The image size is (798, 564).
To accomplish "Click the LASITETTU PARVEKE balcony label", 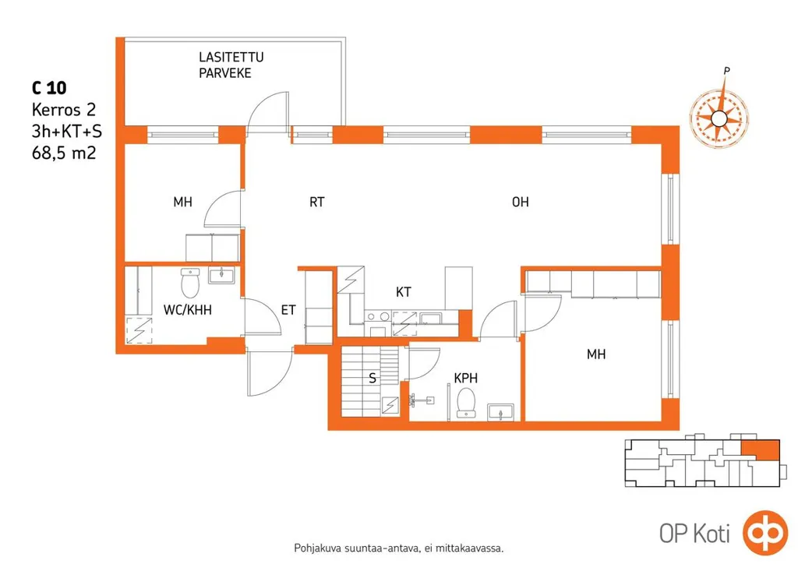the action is [231, 65].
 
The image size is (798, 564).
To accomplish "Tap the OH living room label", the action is [520, 203].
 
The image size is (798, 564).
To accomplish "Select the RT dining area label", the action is [316, 203].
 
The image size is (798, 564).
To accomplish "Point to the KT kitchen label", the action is [403, 292].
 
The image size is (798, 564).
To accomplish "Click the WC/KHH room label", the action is [187, 310].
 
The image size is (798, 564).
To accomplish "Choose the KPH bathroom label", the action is [466, 378].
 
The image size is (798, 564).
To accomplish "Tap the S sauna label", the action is [373, 379].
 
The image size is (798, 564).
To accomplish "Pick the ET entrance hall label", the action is [288, 310].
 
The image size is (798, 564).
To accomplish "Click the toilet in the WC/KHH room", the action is [190, 284].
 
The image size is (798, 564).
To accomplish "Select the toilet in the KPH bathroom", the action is [466, 402].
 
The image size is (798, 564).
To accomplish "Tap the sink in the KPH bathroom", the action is [501, 412].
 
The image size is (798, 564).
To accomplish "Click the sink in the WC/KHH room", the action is [221, 275].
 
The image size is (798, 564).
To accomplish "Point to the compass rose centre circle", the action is [718, 119].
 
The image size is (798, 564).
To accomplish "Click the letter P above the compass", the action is [727, 71].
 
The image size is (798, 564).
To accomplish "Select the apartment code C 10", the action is [49, 88].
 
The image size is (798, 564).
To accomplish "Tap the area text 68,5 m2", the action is [64, 153].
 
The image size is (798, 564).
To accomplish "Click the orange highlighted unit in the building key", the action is [760, 449].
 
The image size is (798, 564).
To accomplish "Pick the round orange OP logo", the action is [766, 533].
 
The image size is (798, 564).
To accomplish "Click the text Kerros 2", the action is [64, 110].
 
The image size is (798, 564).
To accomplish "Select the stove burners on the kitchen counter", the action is [378, 317].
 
